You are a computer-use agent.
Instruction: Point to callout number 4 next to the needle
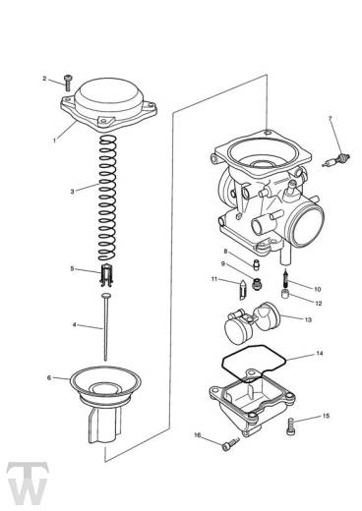[x=73, y=324]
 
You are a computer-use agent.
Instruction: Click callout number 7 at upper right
[x=331, y=119]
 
